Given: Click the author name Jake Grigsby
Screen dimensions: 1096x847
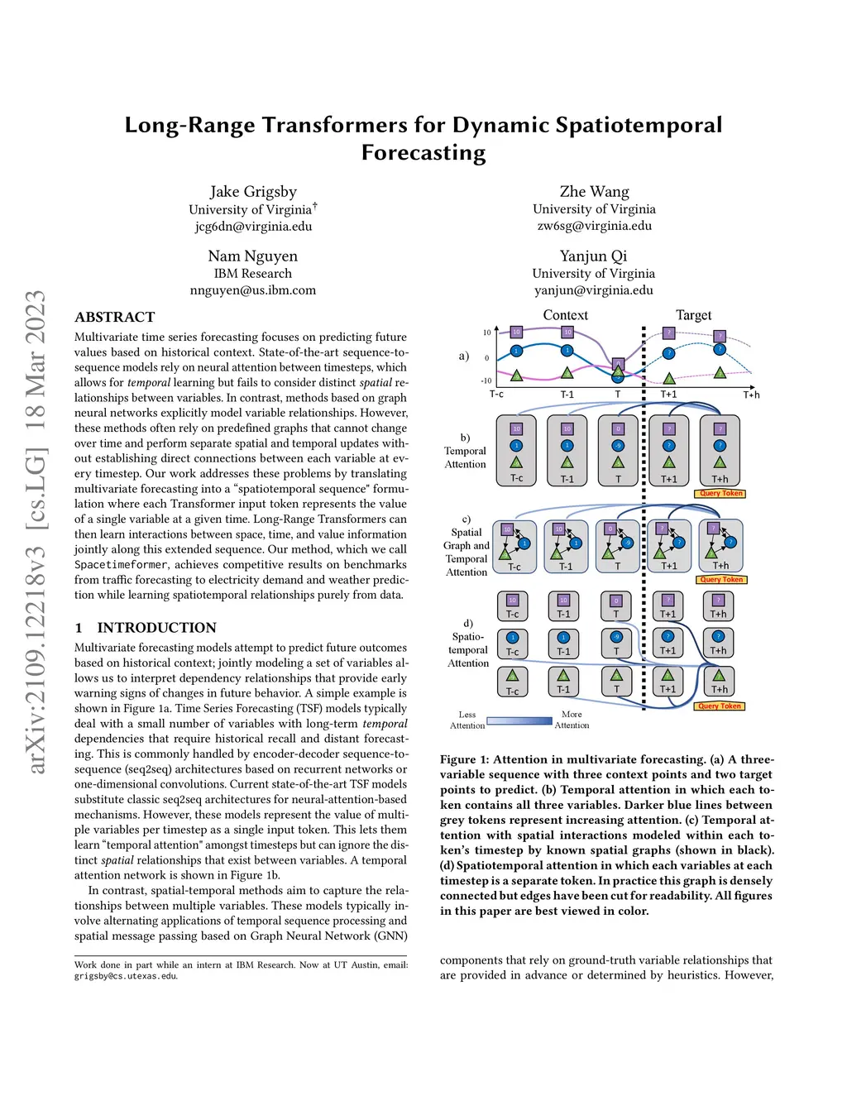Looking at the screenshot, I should (x=253, y=192).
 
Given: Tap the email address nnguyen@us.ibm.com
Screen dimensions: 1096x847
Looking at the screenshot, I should (x=253, y=290).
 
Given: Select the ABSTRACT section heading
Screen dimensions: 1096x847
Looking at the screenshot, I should (x=114, y=317).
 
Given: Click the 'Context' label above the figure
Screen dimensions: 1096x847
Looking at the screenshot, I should (x=565, y=315).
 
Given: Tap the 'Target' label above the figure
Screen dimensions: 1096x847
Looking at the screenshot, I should (x=693, y=315).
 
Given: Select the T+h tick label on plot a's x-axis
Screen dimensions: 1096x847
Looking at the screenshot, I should (x=751, y=395).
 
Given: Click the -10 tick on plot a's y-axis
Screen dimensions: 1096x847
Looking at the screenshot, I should (x=486, y=381).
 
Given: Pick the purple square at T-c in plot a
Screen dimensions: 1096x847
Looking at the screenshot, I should (x=516, y=332).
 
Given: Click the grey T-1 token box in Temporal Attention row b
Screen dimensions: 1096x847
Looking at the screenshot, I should (x=567, y=450).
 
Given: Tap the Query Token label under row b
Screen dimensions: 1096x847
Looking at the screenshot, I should (x=720, y=494).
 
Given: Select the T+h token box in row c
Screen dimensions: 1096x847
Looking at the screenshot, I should (x=720, y=546).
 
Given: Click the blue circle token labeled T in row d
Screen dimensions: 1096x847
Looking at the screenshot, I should (x=616, y=643).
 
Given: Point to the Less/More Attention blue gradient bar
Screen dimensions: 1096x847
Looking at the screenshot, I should (x=519, y=720).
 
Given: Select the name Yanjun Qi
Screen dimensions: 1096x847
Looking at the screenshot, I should (x=593, y=256).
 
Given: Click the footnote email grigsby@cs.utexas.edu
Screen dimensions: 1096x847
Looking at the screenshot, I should (x=126, y=976).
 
